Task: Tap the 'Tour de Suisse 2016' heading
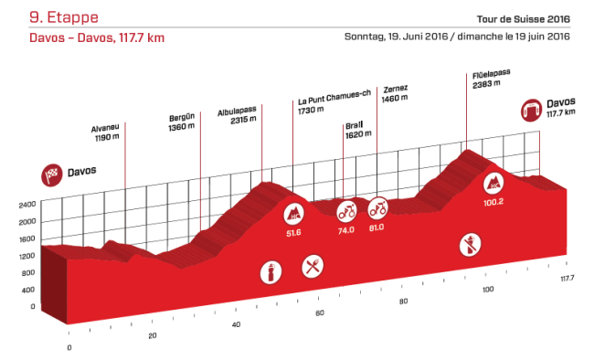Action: coord(523,19)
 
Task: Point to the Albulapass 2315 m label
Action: coord(236,118)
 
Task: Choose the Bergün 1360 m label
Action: coord(182,122)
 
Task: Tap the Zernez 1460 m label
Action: coord(395,93)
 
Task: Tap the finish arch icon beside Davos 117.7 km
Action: coord(531,111)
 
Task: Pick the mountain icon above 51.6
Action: coord(294,214)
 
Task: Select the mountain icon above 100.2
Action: coord(493,182)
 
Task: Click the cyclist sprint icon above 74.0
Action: coord(346,213)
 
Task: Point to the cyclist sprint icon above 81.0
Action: coord(378,209)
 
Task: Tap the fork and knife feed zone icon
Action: coord(313,268)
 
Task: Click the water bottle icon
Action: coord(270,272)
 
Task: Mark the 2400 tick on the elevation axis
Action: coord(26,205)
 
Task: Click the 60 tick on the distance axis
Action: coord(320,313)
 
